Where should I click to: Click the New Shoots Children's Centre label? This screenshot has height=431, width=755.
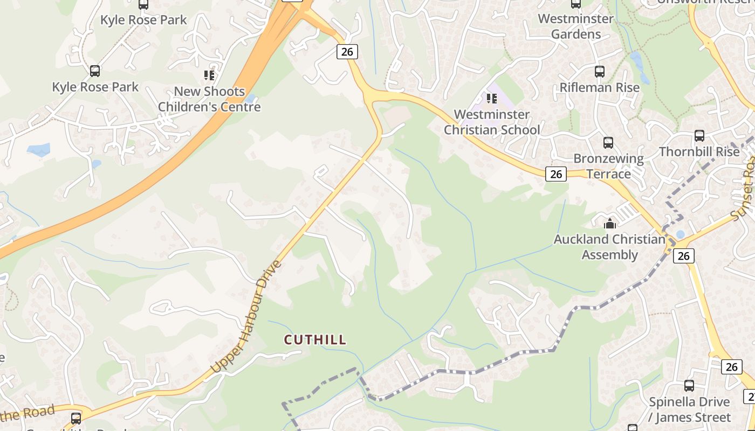(x=209, y=99)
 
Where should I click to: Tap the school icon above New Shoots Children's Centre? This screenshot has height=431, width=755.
(x=209, y=75)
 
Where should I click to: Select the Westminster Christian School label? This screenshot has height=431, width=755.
(x=491, y=122)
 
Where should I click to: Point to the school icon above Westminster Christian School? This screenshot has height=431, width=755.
(x=491, y=98)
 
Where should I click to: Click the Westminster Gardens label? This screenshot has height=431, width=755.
(x=576, y=26)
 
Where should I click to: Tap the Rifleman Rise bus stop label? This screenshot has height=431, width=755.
(x=600, y=87)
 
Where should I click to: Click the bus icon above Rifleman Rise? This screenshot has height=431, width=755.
(x=599, y=71)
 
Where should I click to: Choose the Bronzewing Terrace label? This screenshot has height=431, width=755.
(x=608, y=166)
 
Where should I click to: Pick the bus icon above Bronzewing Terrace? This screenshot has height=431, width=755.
(x=608, y=142)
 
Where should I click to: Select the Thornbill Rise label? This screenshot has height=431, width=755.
(x=699, y=152)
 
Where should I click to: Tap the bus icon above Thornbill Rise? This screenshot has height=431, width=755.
(x=699, y=136)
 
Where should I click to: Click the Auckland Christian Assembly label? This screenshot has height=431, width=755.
(x=609, y=247)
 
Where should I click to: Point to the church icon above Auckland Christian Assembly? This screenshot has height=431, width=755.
(x=610, y=223)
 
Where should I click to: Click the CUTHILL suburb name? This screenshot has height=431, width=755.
(x=315, y=340)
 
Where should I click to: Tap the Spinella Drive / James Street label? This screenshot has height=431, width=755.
(x=689, y=409)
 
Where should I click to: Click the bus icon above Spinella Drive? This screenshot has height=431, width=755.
(x=689, y=386)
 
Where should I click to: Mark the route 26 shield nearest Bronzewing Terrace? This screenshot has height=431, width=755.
(x=556, y=174)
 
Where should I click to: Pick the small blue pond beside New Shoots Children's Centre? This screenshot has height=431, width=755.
(x=250, y=99)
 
